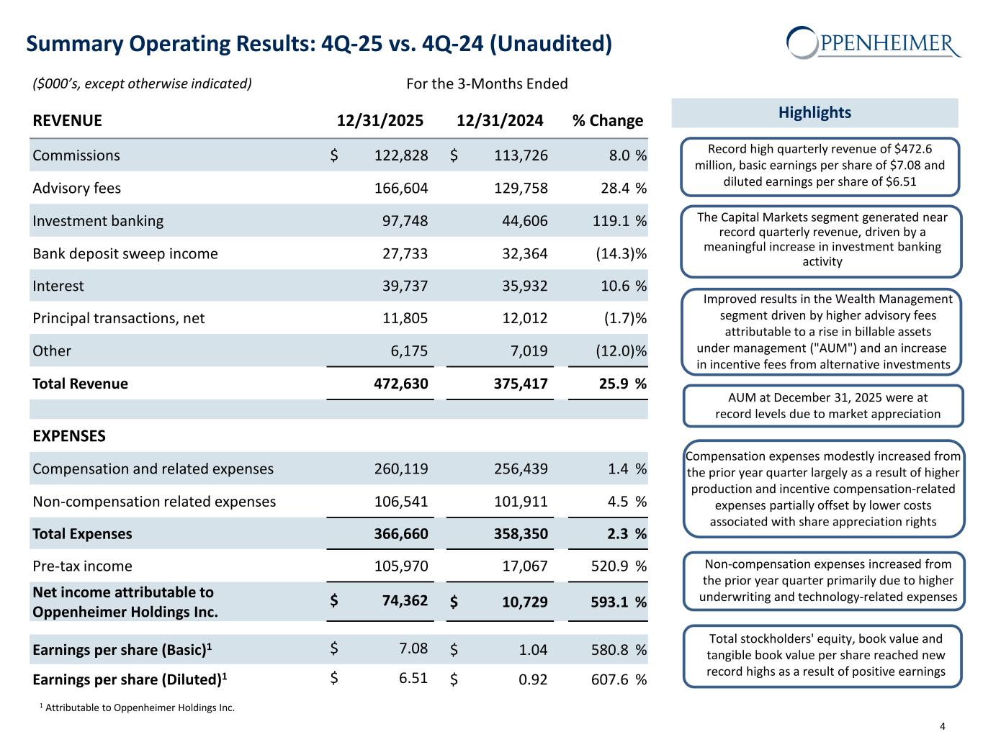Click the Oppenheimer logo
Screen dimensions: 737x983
pos(873,42)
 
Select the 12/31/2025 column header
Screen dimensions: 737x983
pos(380,120)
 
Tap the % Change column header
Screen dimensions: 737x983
pos(607,120)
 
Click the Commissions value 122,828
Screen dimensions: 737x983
pos(401,155)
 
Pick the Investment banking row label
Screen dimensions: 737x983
pos(98,221)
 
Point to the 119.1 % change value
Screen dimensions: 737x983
pos(610,221)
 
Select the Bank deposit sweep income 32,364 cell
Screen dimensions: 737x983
pos(521,253)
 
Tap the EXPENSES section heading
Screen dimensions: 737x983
pos(69,436)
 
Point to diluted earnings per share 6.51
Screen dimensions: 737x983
pos(413,678)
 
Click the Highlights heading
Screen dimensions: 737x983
pos(814,112)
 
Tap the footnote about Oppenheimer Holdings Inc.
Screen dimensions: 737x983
pos(137,707)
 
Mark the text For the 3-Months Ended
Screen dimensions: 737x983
pos(487,83)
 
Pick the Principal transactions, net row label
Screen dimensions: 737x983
pos(119,318)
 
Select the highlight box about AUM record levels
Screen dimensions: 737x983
pos(822,406)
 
